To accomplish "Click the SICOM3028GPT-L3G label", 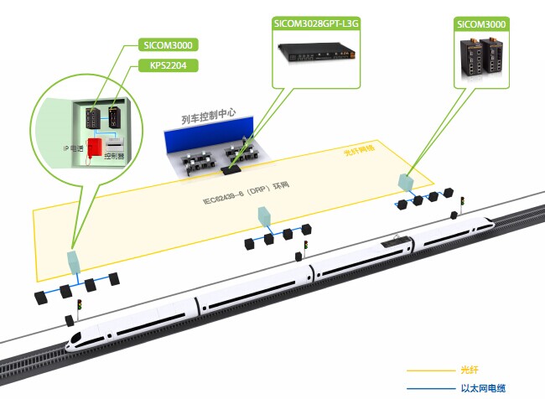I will tap(315, 23).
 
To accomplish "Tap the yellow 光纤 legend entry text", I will tap(469, 370).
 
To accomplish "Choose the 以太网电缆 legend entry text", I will tap(484, 388).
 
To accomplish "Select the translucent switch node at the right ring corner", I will tap(405, 183).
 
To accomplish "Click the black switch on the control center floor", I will tap(231, 168).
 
